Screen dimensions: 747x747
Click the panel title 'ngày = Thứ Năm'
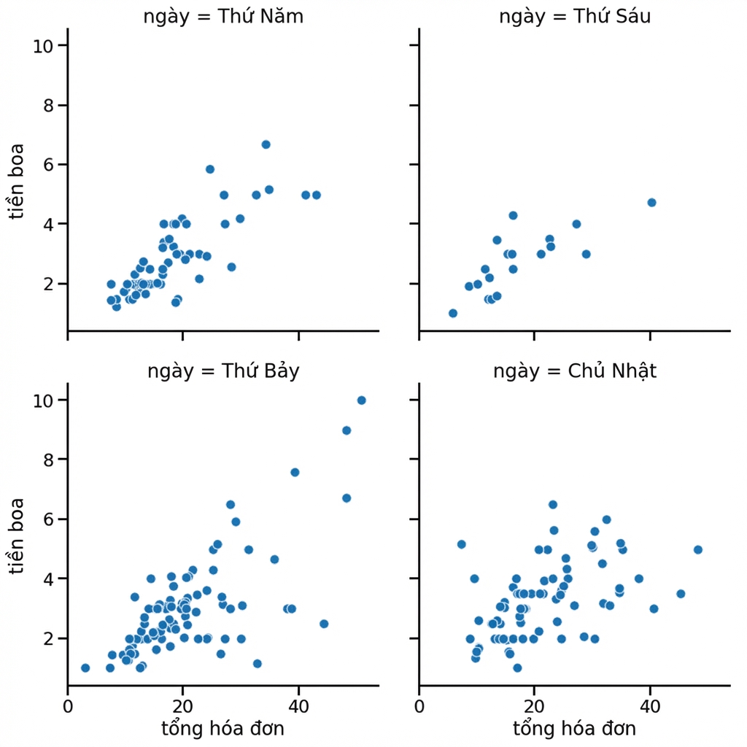223,17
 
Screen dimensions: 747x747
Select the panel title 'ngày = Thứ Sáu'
575,17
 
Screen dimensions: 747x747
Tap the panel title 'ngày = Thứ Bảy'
223,371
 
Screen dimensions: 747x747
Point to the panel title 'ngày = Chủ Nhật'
575,371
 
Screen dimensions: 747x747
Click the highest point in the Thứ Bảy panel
362,400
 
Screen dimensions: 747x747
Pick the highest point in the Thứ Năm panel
266,144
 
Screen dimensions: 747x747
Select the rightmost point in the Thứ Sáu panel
651,203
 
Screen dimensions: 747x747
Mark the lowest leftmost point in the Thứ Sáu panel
453,313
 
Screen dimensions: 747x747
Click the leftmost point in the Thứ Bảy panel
85,668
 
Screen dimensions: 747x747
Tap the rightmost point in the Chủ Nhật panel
698,550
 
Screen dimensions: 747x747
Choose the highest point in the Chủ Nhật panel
553,505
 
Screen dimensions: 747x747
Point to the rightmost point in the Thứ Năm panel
317,195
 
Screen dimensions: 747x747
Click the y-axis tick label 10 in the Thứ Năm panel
43,46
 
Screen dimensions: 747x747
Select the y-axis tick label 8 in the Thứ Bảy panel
48,460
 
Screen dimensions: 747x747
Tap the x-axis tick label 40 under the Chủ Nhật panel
650,706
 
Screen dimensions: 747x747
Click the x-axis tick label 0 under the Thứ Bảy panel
68,706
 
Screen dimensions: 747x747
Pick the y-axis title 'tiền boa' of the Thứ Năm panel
16,182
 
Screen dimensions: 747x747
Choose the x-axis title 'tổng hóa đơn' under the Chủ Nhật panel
575,729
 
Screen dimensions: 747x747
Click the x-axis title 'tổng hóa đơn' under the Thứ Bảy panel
223,729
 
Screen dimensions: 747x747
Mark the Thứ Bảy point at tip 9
347,430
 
